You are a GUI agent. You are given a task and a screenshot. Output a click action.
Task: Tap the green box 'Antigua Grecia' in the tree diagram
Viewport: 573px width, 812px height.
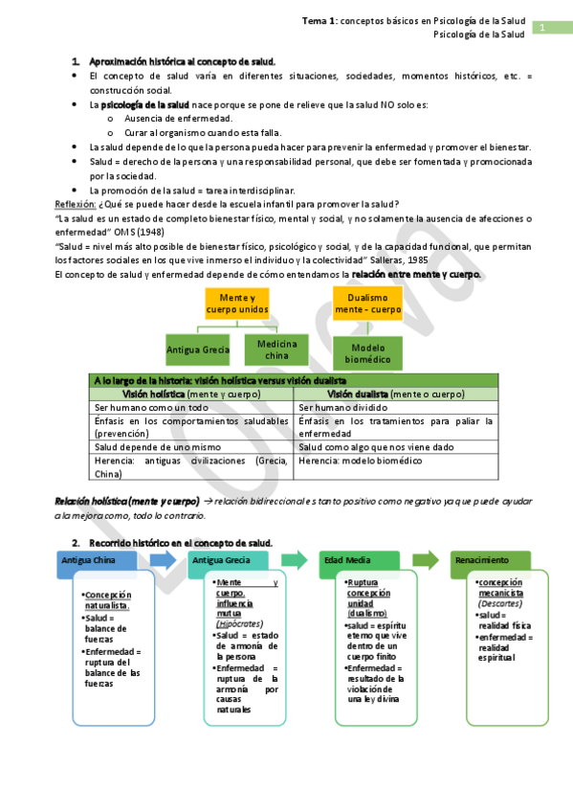point(198,350)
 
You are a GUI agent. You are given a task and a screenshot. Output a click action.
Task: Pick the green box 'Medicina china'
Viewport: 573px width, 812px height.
point(276,350)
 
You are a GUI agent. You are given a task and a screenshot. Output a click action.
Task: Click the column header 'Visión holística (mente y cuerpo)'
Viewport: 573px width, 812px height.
point(192,394)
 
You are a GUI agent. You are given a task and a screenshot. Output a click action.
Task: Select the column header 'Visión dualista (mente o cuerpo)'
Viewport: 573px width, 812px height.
point(395,394)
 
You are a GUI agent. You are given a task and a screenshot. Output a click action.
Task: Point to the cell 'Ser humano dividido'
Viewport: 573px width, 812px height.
point(341,407)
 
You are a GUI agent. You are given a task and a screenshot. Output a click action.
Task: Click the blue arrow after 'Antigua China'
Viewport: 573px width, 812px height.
point(161,560)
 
